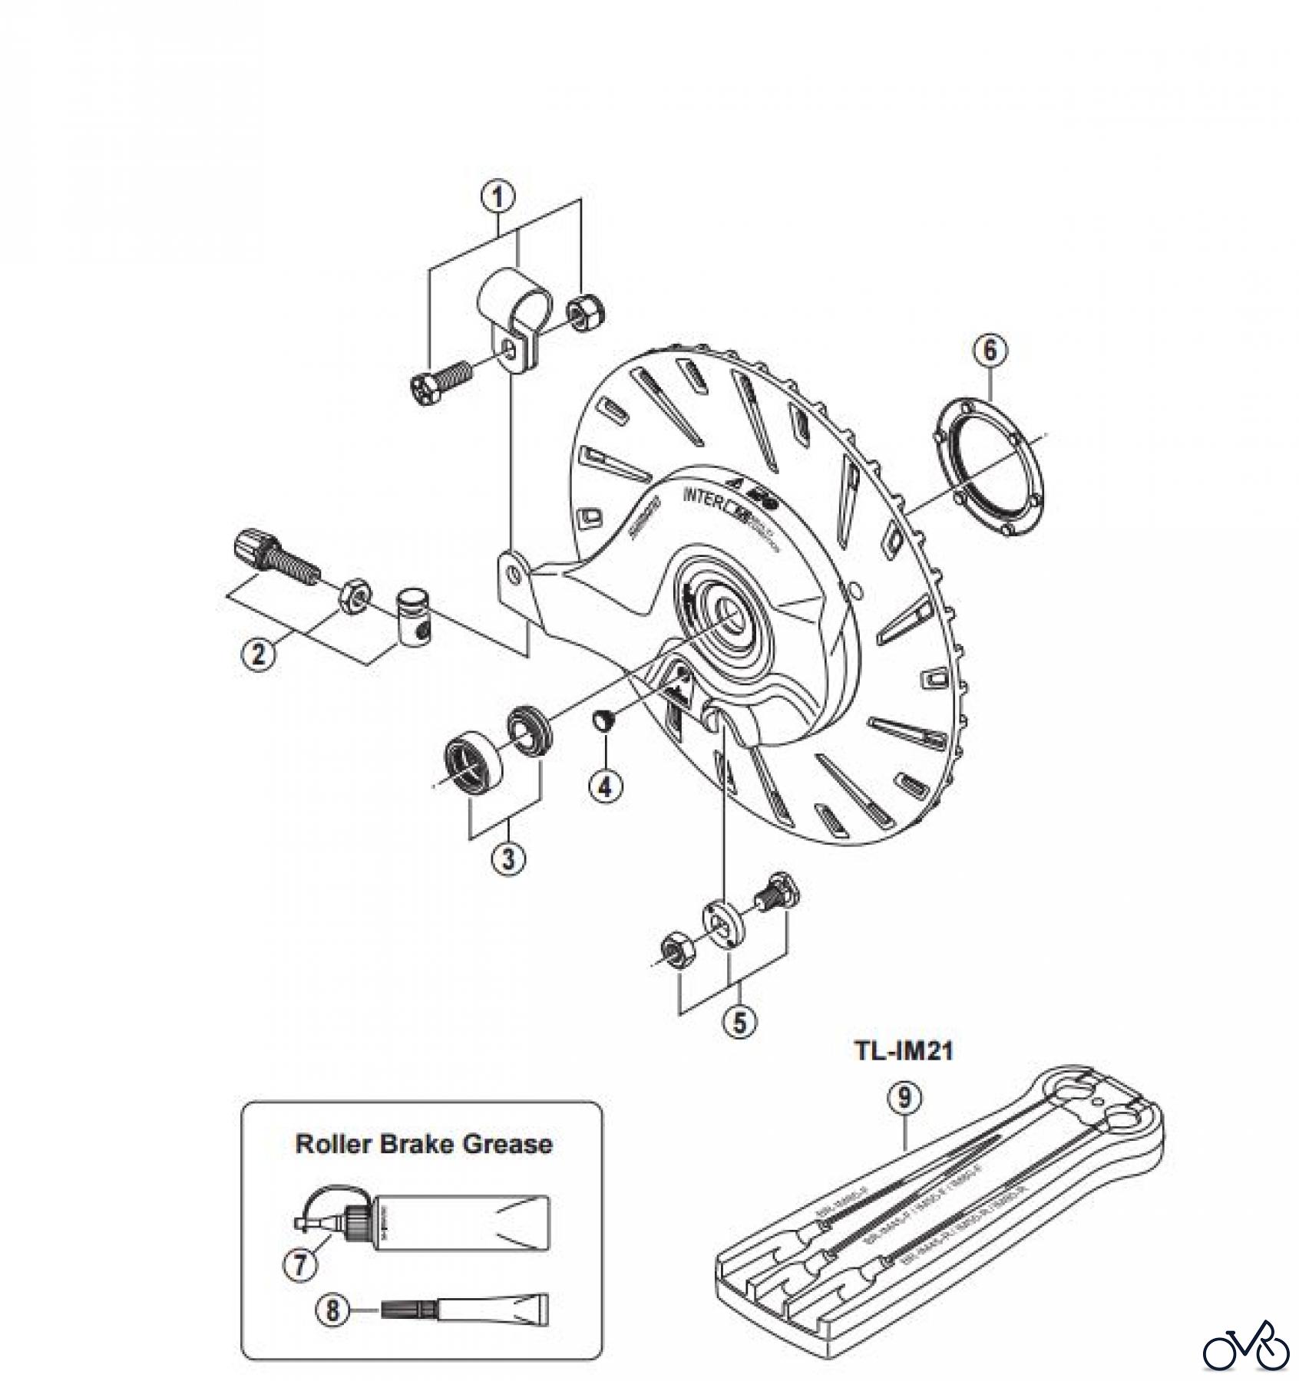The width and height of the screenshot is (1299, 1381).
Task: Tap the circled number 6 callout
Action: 990,350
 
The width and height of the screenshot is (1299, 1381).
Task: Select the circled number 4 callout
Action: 607,785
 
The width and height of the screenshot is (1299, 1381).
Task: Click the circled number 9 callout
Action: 904,1097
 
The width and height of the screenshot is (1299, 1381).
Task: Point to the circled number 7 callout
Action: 299,1264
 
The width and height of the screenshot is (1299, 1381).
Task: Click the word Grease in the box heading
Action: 507,1144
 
